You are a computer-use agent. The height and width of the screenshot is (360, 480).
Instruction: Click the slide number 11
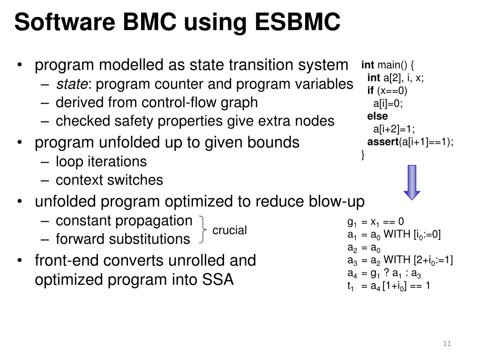[446, 345]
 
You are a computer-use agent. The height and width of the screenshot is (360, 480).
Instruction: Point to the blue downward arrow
[412, 182]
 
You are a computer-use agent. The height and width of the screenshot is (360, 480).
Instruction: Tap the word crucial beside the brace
[229, 230]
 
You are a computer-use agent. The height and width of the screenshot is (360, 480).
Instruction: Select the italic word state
[71, 84]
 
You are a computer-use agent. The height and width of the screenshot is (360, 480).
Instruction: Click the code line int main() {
[388, 64]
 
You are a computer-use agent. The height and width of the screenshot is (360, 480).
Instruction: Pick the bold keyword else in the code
[377, 116]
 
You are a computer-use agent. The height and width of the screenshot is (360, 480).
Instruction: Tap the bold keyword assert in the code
[382, 142]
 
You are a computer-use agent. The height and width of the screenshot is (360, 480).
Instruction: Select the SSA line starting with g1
[375, 222]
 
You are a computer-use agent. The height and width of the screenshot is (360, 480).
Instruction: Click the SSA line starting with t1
[389, 285]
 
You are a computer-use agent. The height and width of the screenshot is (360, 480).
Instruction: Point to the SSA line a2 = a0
[364, 247]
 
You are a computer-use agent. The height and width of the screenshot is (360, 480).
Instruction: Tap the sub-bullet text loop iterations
[101, 162]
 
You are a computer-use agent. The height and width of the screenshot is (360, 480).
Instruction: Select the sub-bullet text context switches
[109, 180]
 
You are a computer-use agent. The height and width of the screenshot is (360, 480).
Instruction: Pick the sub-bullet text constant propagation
[124, 220]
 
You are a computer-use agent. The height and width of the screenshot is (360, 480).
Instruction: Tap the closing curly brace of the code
[363, 155]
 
